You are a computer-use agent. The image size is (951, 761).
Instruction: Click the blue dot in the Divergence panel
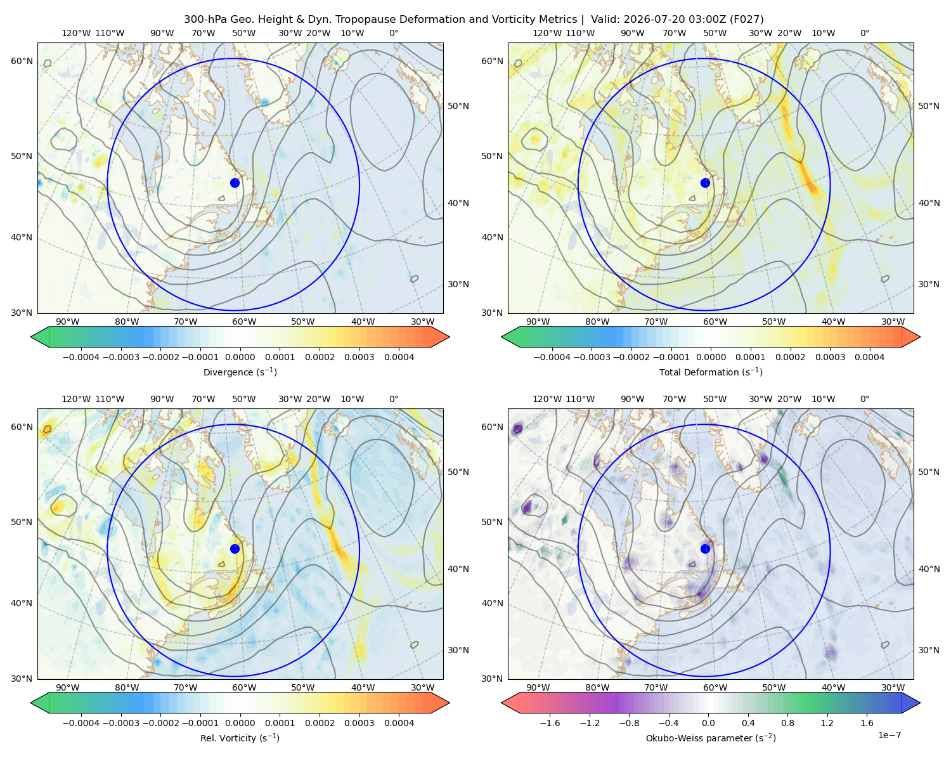(235, 183)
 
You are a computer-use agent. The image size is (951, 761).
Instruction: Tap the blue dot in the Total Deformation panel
(705, 183)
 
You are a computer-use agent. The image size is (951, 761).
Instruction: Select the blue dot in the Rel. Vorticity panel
(235, 549)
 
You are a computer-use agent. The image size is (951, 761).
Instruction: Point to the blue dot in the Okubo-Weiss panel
(705, 549)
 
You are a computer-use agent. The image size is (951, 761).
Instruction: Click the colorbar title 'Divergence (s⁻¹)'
(240, 372)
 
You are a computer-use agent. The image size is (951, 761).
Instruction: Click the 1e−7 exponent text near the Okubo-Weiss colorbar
(889, 735)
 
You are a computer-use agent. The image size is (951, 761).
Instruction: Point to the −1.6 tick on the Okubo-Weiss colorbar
(550, 723)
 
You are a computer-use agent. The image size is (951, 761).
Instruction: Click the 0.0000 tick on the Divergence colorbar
(240, 357)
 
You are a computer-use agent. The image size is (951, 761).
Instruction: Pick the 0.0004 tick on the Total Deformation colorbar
(869, 357)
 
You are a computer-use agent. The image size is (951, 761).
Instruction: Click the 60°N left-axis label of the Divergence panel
(22, 61)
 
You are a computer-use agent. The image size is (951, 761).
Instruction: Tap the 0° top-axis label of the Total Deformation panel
(864, 33)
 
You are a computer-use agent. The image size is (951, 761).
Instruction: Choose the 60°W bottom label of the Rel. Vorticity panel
(244, 687)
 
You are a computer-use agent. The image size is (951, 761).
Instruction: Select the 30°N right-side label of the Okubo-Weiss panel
(929, 650)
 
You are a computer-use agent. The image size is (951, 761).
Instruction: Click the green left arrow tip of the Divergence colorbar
(31, 337)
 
